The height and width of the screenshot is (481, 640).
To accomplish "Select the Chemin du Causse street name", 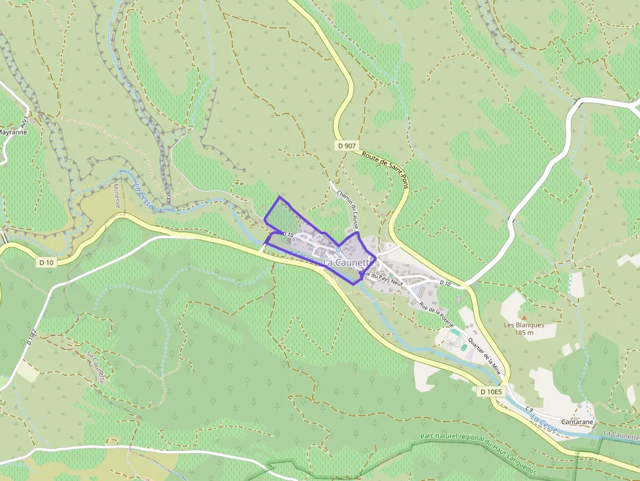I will (347, 208).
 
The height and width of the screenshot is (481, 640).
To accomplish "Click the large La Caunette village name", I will (349, 262).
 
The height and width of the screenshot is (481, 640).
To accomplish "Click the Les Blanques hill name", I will (524, 325).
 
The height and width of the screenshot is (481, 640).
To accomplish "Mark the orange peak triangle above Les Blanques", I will (523, 317).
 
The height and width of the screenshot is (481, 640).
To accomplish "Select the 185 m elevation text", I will (524, 333).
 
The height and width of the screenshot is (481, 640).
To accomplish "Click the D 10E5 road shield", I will (490, 392).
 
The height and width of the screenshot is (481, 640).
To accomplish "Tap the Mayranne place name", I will (12, 131).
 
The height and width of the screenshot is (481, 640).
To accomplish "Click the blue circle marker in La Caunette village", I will (338, 249).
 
